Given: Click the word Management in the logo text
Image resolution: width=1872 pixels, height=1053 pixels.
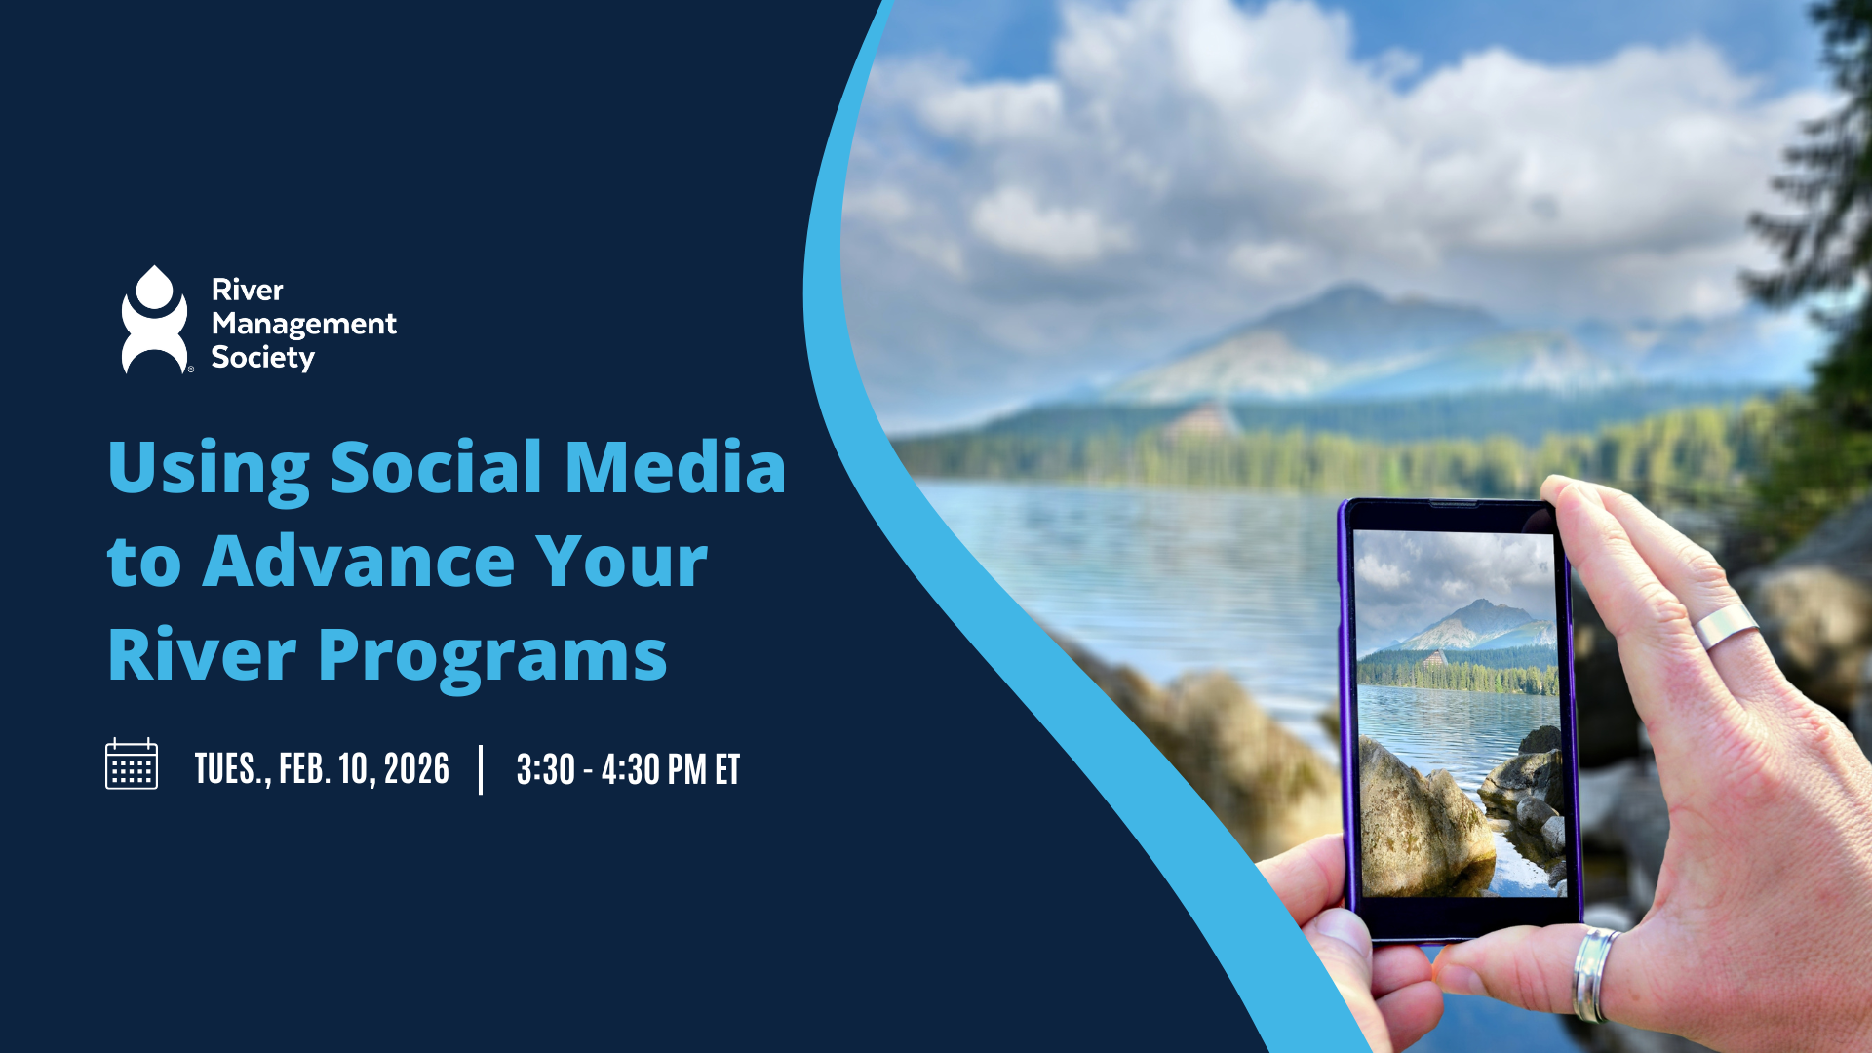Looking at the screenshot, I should [303, 324].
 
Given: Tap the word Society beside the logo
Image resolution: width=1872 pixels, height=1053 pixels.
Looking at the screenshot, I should [262, 358].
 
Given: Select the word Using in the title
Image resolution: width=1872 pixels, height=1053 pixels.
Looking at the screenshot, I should [208, 468].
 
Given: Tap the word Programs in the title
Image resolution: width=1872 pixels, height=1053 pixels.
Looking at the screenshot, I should [492, 655].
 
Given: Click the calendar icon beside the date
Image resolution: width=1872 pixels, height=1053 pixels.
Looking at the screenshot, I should [132, 764].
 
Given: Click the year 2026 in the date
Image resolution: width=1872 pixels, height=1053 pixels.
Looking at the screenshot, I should [416, 769].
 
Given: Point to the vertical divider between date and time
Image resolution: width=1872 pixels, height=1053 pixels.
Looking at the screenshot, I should [482, 769].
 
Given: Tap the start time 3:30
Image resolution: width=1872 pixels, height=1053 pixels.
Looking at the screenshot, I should [545, 770].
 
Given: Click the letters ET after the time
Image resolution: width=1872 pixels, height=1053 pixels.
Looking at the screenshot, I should [727, 770].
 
